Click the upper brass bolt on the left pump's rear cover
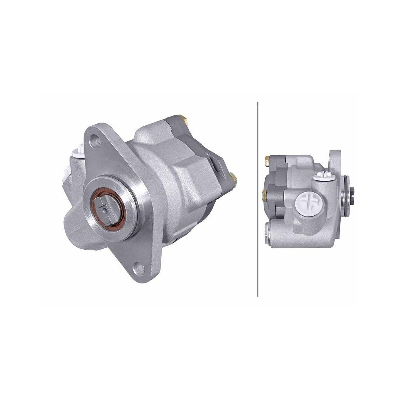[183, 118]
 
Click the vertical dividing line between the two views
[258, 199]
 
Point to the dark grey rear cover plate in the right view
[276, 187]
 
